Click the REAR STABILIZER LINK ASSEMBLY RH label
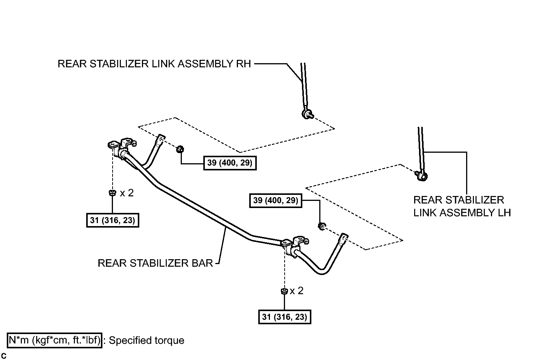[154, 64]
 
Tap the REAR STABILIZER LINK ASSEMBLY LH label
[462, 207]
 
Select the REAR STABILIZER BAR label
[155, 263]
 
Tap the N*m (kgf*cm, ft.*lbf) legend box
[55, 340]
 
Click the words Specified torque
[147, 340]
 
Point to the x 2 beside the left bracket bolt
[127, 193]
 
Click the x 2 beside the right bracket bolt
[296, 291]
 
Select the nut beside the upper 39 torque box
[180, 149]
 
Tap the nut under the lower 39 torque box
[322, 226]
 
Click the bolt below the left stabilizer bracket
[112, 193]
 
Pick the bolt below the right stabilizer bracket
[284, 291]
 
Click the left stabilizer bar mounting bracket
[122, 148]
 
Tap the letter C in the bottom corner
[4, 356]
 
